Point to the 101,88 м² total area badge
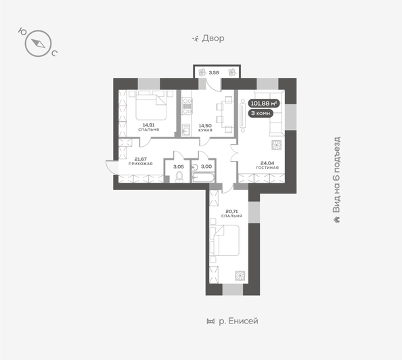(263, 104)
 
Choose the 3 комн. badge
(263, 114)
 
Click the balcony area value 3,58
(214, 72)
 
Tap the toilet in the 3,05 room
(179, 177)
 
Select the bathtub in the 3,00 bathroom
(203, 178)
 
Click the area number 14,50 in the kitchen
(205, 125)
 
